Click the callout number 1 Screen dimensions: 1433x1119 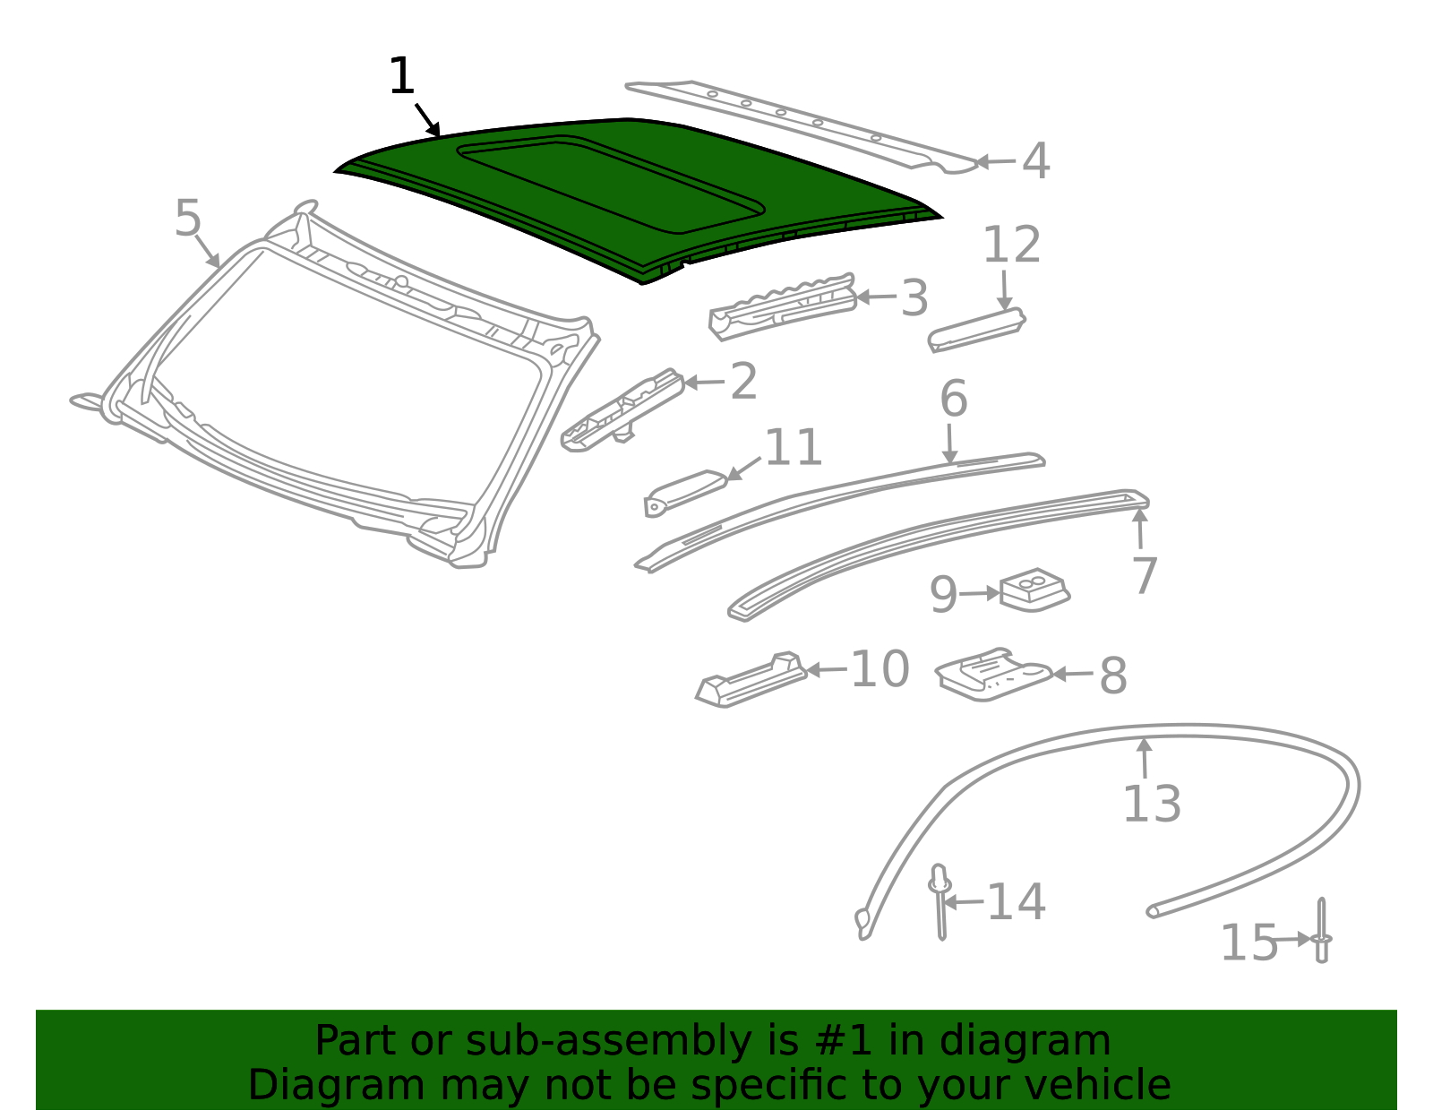pyautogui.click(x=402, y=77)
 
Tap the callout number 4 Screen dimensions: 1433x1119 pyautogui.click(x=1035, y=162)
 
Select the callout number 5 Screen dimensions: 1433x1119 pyautogui.click(x=188, y=219)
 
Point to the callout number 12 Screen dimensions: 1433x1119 pyautogui.click(x=1012, y=245)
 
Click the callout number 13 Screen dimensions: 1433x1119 pyautogui.click(x=1152, y=804)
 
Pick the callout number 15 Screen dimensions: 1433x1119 pyautogui.click(x=1249, y=943)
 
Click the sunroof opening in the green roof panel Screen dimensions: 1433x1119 pyautogui.click(x=609, y=179)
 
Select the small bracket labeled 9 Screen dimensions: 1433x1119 pyautogui.click(x=1034, y=590)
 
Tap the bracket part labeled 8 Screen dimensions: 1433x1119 pyautogui.click(x=992, y=674)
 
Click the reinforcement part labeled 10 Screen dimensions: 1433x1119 pyautogui.click(x=752, y=681)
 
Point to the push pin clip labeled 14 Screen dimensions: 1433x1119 pyautogui.click(x=940, y=900)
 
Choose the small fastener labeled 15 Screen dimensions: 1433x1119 pyautogui.click(x=1322, y=932)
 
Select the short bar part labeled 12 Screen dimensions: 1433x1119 pyautogui.click(x=976, y=329)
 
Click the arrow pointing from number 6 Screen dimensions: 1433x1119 pyautogui.click(x=949, y=443)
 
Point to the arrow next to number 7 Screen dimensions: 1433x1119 pyautogui.click(x=1140, y=529)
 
